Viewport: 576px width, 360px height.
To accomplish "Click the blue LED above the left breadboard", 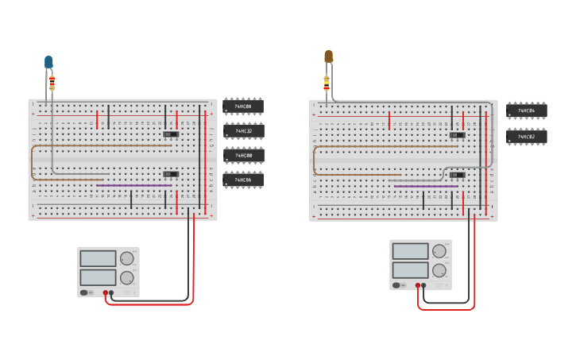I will tap(48, 61).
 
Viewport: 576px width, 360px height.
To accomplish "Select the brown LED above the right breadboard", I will tap(328, 56).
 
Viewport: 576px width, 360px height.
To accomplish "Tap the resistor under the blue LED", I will tap(52, 82).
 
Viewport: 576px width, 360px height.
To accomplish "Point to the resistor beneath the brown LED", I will tap(327, 82).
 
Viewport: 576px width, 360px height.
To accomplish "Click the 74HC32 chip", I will tap(243, 130).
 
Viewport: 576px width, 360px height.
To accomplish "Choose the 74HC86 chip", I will tap(243, 180).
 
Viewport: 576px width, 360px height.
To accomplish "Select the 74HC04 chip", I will tap(526, 110).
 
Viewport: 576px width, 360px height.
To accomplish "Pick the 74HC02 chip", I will tap(526, 137).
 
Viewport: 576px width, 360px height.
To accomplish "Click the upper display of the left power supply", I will tap(99, 259).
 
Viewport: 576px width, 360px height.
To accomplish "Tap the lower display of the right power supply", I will tap(410, 270).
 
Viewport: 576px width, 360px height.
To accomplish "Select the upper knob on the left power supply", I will tap(127, 258).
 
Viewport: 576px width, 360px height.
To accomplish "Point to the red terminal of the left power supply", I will tap(105, 292).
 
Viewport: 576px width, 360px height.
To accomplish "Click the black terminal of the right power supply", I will tap(423, 285).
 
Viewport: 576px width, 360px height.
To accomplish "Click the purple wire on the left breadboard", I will tap(133, 186).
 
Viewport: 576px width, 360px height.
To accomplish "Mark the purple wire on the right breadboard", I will tap(425, 186).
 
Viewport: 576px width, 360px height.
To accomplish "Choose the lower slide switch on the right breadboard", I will tap(457, 175).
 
